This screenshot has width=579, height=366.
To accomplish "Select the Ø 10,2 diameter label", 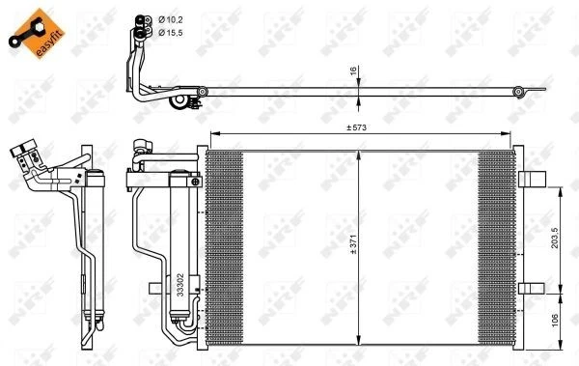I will click(173, 17).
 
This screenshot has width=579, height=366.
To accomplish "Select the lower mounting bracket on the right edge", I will click(530, 289).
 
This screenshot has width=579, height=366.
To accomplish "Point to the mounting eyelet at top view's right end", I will click(518, 93).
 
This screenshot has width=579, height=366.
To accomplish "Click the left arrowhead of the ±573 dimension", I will click(212, 133).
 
